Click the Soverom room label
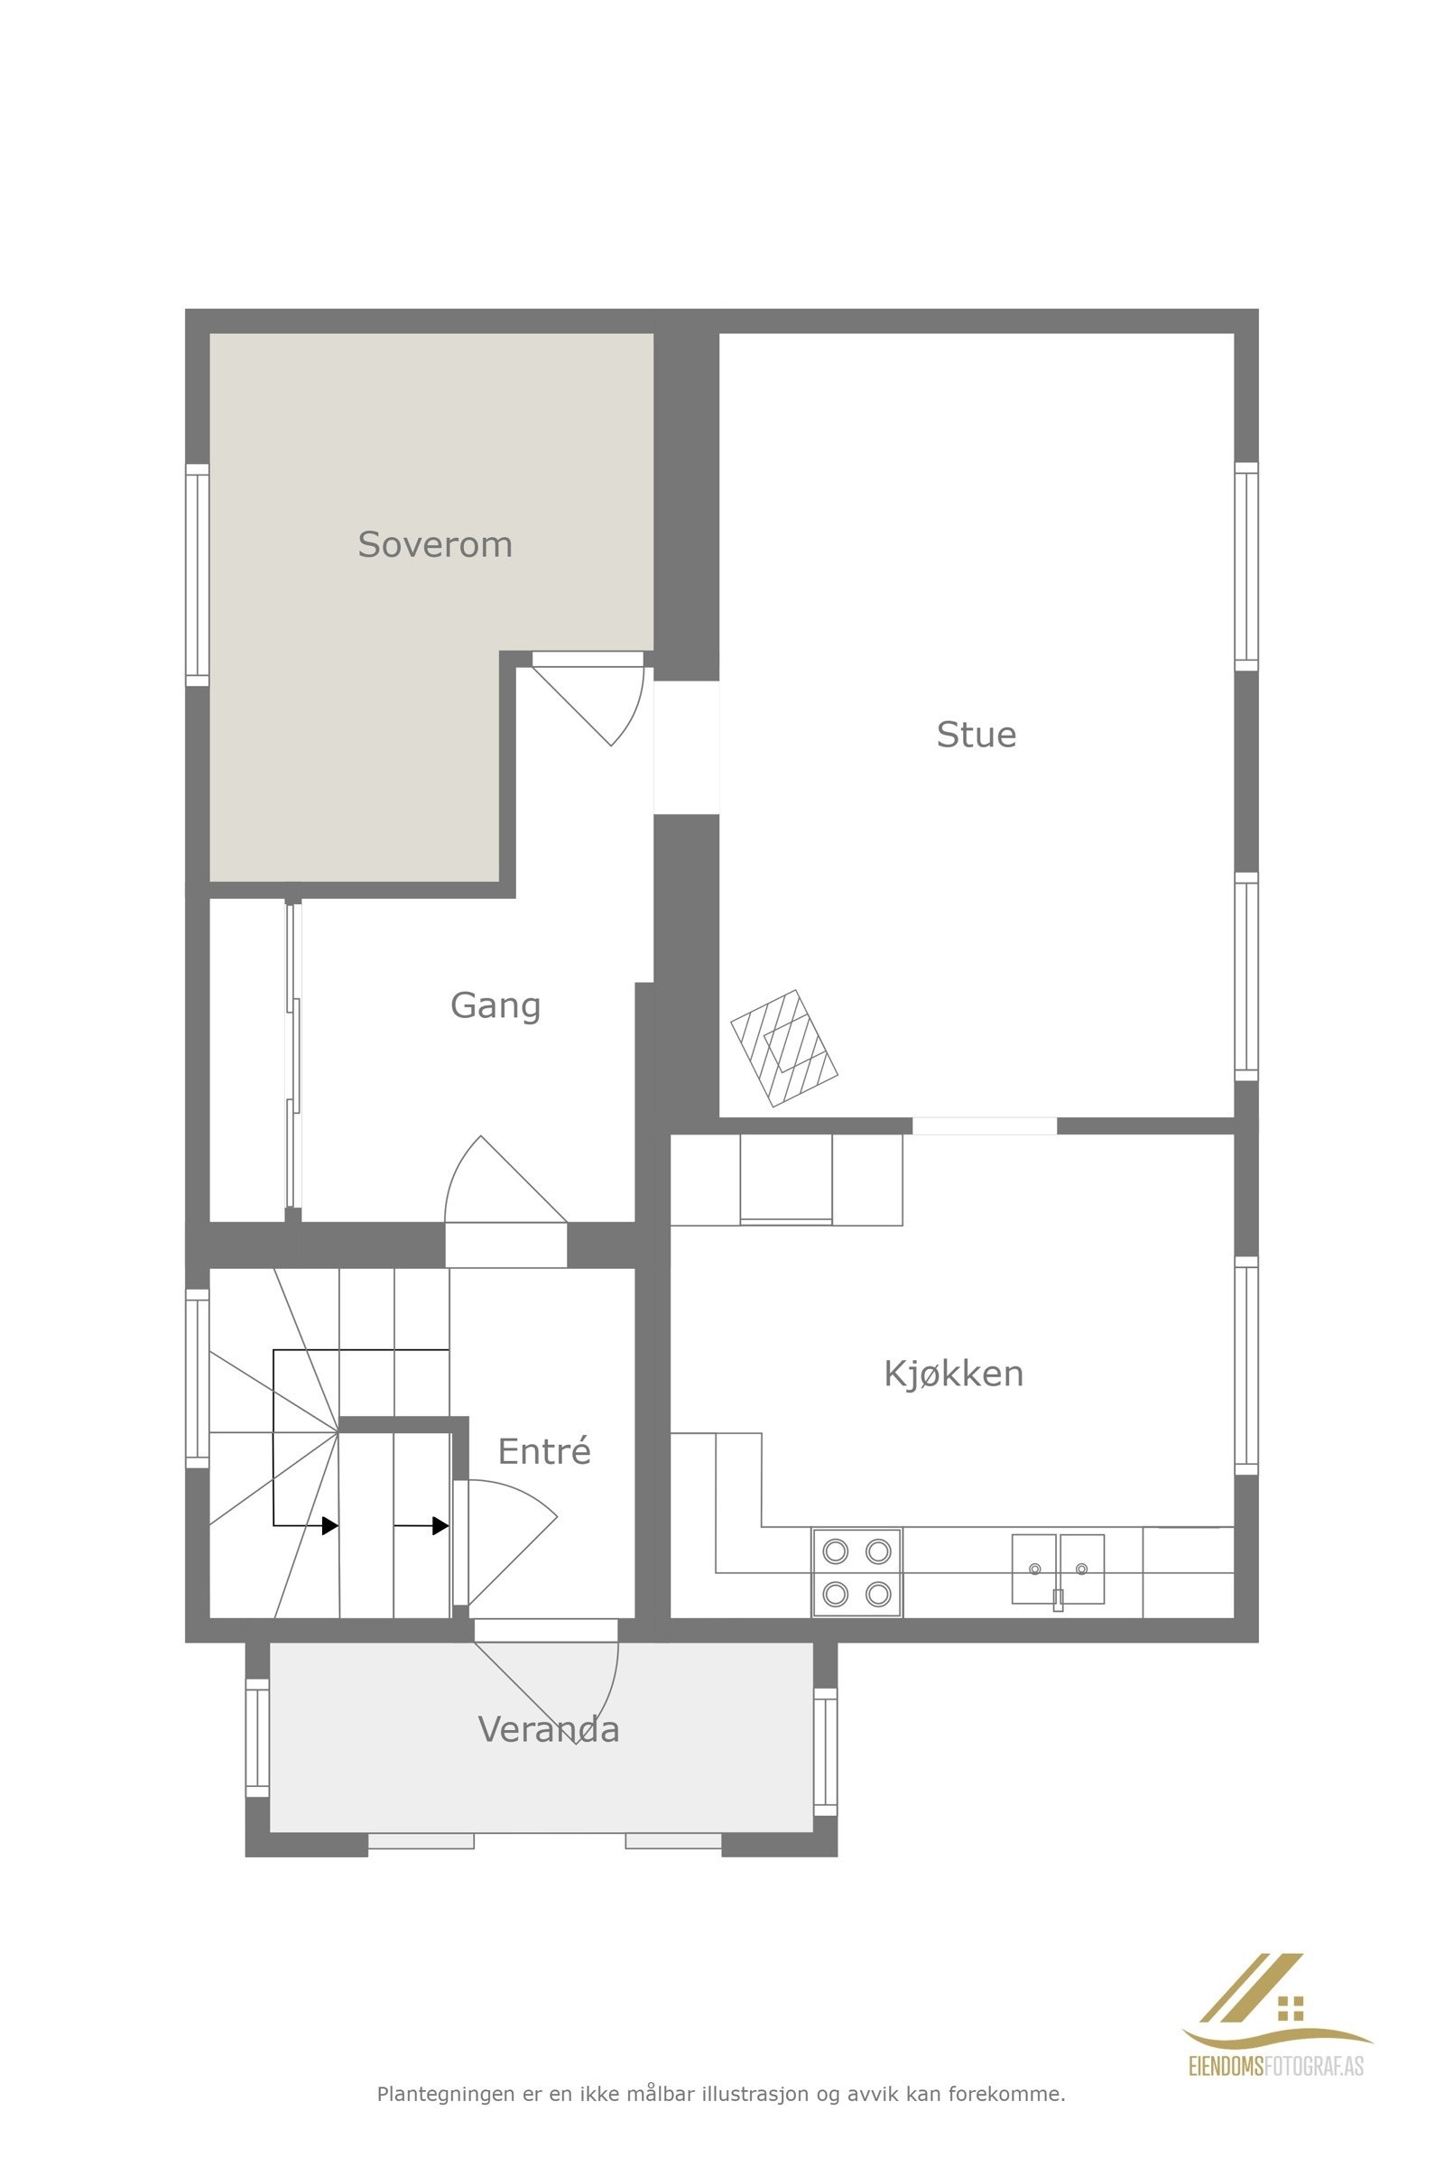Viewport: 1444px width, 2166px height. coord(435,544)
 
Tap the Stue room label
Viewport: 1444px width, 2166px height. coord(977,735)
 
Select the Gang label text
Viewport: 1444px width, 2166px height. coord(495,1004)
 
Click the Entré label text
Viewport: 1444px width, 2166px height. coord(543,1451)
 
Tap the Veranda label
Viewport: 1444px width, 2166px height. coord(548,1729)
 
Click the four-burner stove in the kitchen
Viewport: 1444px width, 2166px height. coord(856,1572)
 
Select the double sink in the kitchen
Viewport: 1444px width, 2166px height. coord(1057,1569)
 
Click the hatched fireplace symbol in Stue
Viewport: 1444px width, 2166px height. coord(783,1048)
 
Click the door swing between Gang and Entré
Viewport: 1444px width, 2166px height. coord(497,1188)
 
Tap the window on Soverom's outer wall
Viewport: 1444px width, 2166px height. coord(197,575)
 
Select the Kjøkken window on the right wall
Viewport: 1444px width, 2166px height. coord(1245,1365)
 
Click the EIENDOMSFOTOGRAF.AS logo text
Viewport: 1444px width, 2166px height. coord(1276,2067)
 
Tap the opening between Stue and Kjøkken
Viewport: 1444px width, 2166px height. coord(984,1125)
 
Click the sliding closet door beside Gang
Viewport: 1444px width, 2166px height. coord(292,1055)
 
